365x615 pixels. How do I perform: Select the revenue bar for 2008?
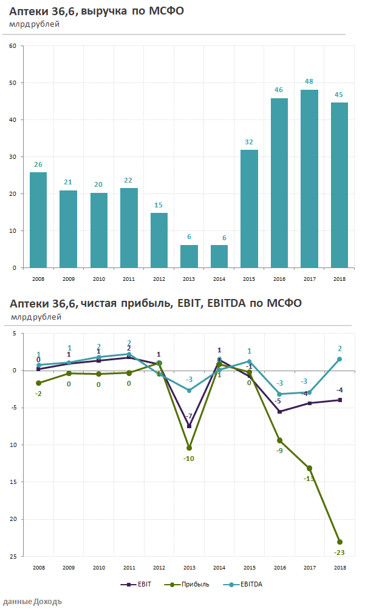pos(38,220)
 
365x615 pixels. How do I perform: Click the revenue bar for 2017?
pos(309,178)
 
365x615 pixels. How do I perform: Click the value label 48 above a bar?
pos(309,82)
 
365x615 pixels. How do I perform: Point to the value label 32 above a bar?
pos(249,142)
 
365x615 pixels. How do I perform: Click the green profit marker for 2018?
pos(339,542)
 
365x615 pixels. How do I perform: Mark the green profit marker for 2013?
pos(189,448)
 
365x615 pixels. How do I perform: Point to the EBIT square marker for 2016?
pos(279,412)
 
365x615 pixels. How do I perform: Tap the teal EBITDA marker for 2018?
pos(339,359)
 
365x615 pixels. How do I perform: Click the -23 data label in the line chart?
pos(339,552)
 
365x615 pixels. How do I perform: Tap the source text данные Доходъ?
pos(32,602)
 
